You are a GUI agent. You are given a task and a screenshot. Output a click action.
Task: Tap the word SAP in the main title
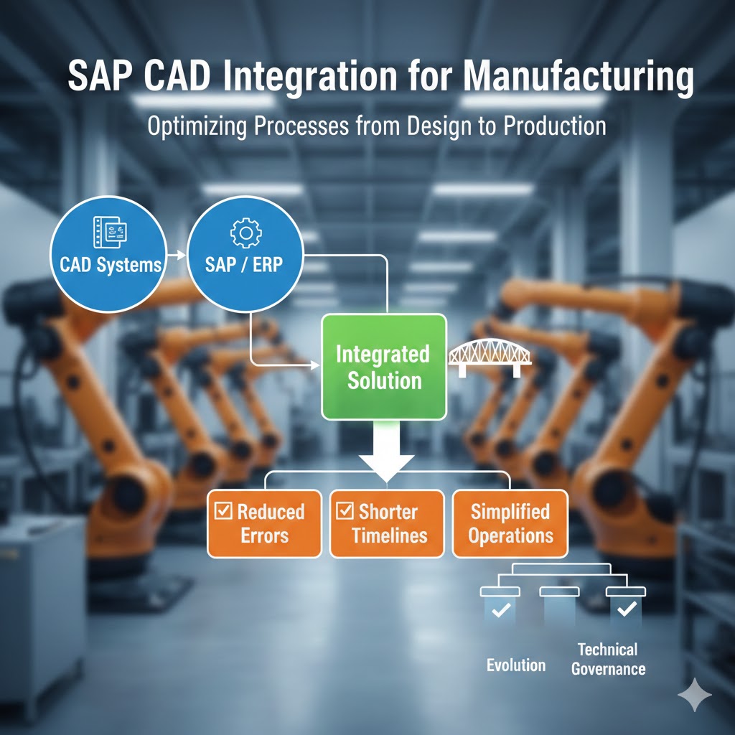point(96,77)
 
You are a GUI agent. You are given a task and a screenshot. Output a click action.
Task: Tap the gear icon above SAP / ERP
point(245,233)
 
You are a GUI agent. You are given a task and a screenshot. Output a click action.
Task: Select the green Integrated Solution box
point(384,366)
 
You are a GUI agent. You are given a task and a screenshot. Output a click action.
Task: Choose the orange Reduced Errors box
point(264,523)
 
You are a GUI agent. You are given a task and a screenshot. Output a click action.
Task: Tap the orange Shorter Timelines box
point(387,523)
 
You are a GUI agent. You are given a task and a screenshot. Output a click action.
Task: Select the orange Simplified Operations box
point(510,523)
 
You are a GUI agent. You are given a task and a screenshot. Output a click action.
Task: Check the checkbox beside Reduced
point(224,511)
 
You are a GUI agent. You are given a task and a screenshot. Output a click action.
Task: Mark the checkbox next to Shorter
point(345,511)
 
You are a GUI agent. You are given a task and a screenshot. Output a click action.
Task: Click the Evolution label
point(516,665)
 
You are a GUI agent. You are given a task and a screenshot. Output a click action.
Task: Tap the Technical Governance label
point(608,659)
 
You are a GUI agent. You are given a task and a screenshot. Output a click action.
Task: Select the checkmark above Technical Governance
point(626,609)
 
